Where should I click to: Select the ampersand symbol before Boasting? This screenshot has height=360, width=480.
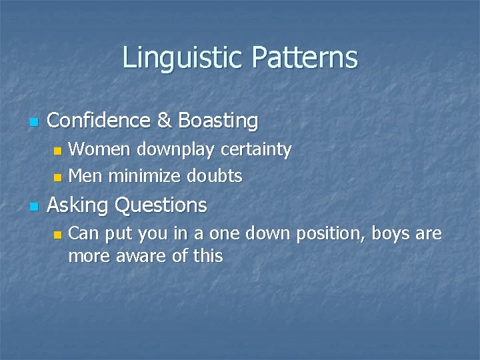tap(164, 121)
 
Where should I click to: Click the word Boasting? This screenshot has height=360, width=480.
tap(218, 121)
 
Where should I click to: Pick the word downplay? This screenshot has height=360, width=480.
tap(171, 150)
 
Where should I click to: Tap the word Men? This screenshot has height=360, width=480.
tap(85, 176)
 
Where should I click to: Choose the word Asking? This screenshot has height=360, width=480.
tap(78, 205)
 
